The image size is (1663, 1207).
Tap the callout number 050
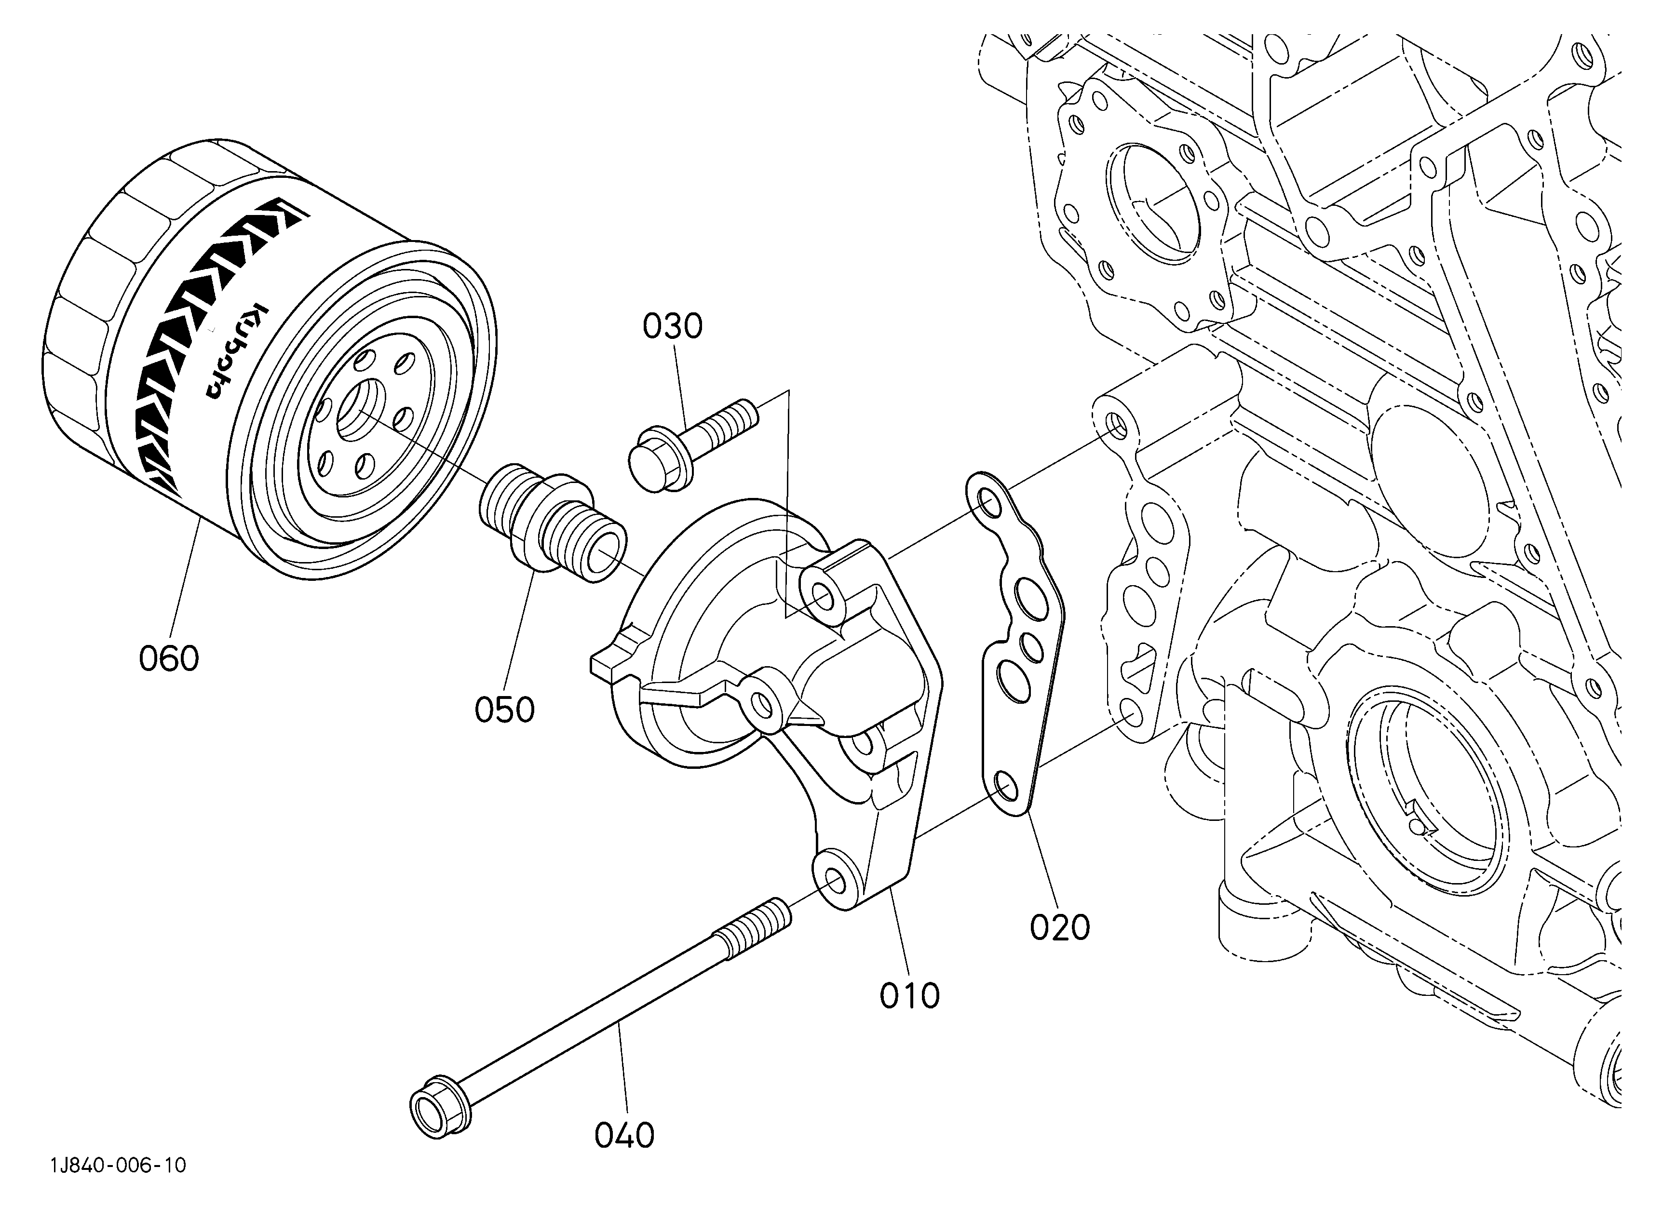coord(504,710)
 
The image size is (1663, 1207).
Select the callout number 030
coord(673,326)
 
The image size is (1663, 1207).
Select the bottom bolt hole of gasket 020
coord(1006,788)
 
